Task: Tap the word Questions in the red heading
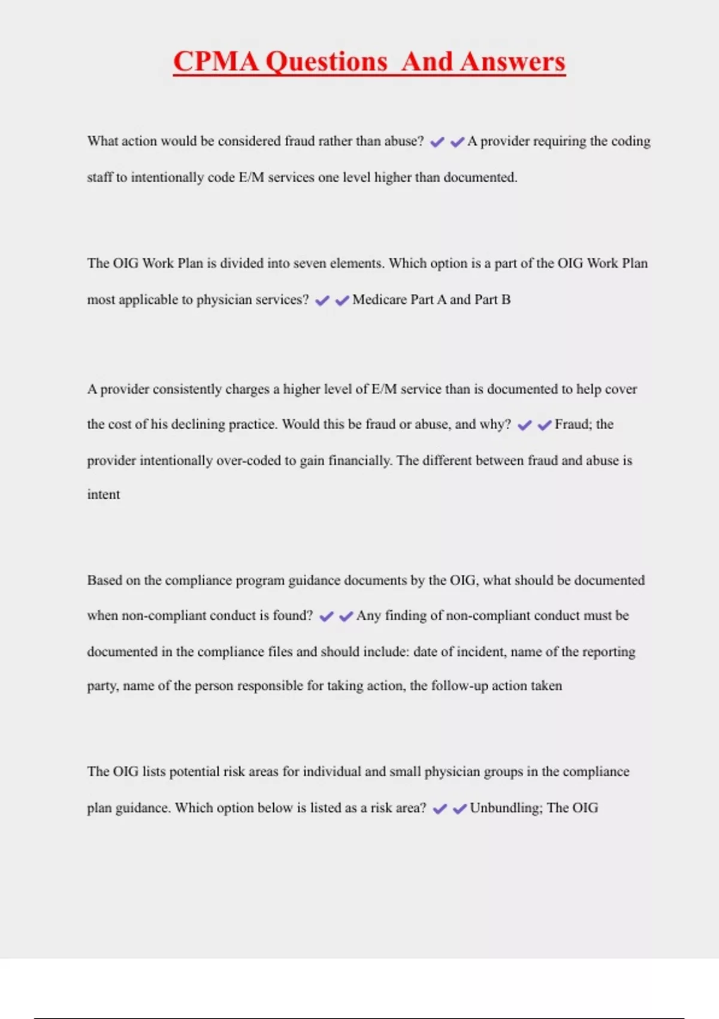pyautogui.click(x=327, y=62)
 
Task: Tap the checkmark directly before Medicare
pyautogui.click(x=342, y=300)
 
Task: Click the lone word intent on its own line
pyautogui.click(x=104, y=495)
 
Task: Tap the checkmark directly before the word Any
pyautogui.click(x=346, y=616)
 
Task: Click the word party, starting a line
pyautogui.click(x=103, y=686)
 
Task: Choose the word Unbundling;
pyautogui.click(x=506, y=808)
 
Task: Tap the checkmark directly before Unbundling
pyautogui.click(x=460, y=809)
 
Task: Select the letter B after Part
pyautogui.click(x=506, y=300)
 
